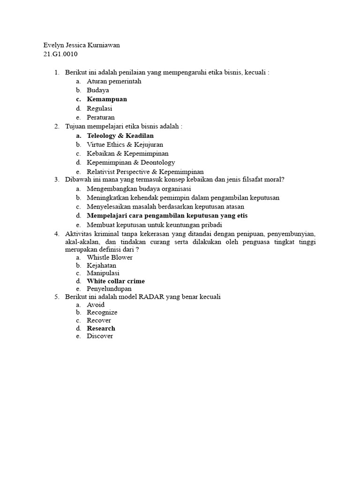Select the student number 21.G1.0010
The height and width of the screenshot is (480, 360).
(x=60, y=54)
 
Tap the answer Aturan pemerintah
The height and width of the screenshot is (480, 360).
(x=114, y=81)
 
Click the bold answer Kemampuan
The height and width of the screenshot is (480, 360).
(x=107, y=99)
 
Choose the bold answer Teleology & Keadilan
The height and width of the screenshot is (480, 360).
(x=120, y=135)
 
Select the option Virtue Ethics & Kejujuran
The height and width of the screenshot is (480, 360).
(x=125, y=144)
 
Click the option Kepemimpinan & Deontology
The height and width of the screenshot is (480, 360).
(x=131, y=162)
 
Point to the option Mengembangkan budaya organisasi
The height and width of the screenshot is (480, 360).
(x=139, y=189)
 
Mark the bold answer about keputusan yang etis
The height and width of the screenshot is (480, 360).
(x=167, y=216)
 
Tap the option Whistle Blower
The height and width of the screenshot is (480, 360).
(x=110, y=257)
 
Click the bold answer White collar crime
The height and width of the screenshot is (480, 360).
(x=116, y=281)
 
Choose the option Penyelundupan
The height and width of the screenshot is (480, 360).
(x=109, y=289)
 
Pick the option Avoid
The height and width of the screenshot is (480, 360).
(x=96, y=305)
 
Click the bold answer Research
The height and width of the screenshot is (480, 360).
(x=101, y=328)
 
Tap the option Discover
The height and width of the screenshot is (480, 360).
(x=100, y=336)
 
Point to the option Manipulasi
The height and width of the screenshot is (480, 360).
(x=103, y=273)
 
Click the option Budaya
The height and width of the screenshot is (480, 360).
(x=98, y=90)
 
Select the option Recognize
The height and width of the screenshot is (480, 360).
(x=102, y=312)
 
